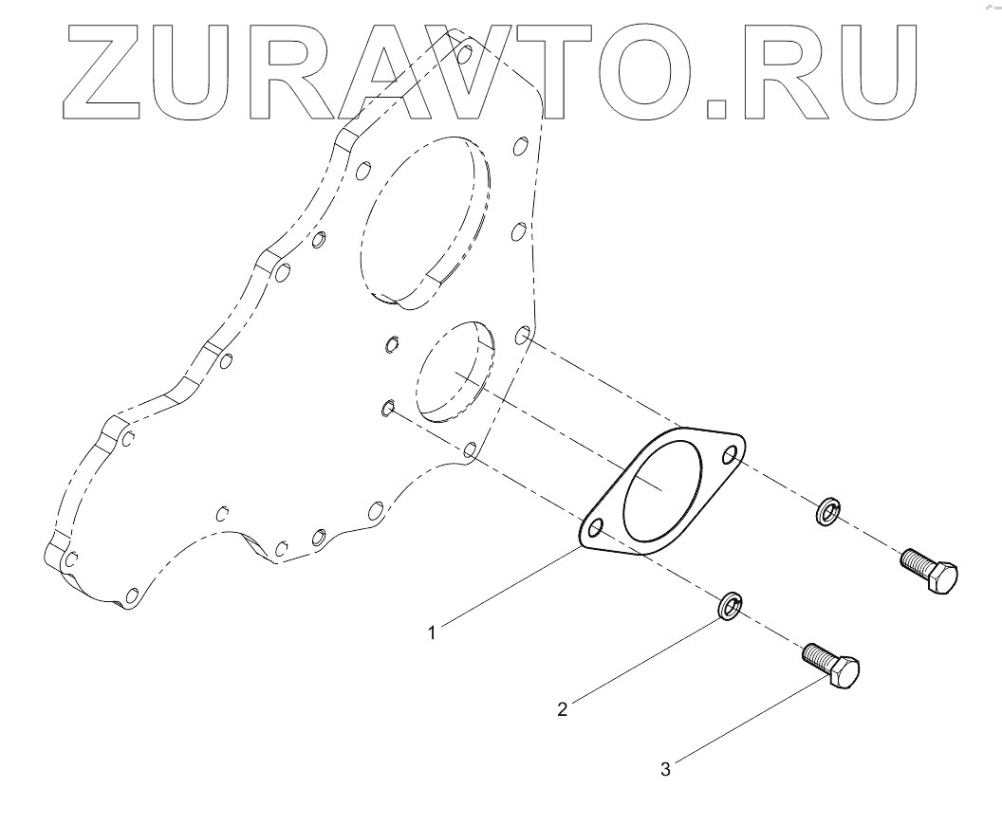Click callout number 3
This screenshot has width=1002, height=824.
(x=665, y=770)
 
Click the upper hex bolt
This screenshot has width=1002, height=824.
(x=929, y=572)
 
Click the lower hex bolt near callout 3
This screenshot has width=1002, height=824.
(x=833, y=666)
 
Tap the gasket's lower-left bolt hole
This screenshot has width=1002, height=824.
(x=596, y=528)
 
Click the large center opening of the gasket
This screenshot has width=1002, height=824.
(x=663, y=491)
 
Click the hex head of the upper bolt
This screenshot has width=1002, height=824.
(x=942, y=578)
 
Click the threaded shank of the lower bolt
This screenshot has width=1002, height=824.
(x=819, y=655)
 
